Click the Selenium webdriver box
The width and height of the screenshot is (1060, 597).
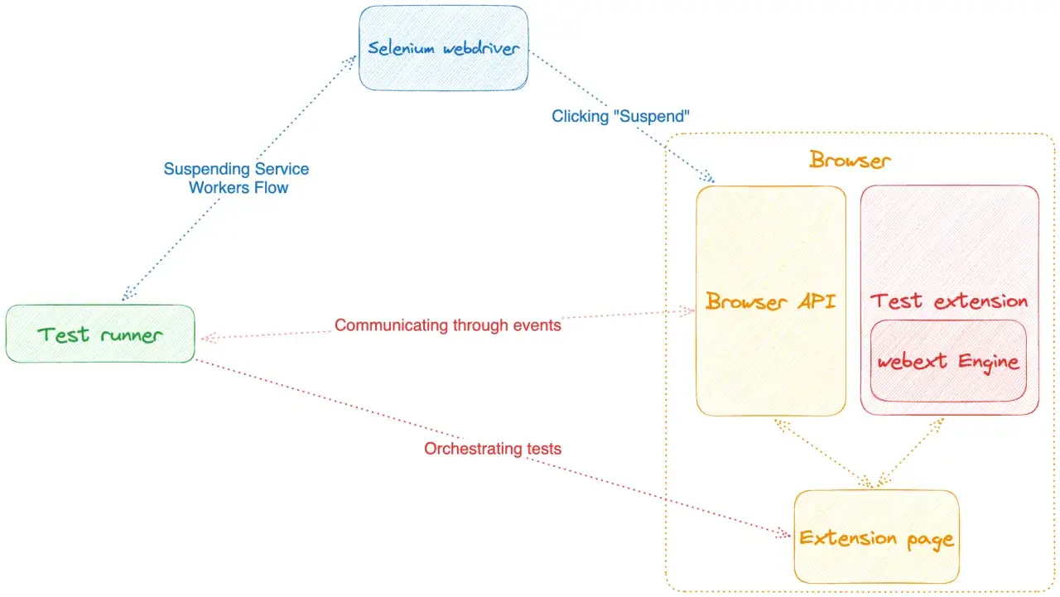click(x=443, y=48)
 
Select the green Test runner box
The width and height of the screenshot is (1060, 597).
click(x=100, y=334)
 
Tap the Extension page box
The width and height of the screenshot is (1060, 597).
click(x=876, y=537)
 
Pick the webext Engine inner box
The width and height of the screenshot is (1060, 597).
click(x=948, y=361)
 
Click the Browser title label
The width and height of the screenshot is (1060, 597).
click(x=850, y=160)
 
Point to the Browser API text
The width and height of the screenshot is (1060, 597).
click(x=770, y=301)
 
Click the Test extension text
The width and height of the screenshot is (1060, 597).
click(x=949, y=301)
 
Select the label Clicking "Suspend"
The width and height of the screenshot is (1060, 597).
click(x=620, y=116)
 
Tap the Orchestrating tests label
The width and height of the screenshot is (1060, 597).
click(x=493, y=449)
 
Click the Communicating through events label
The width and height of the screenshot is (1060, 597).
click(x=448, y=325)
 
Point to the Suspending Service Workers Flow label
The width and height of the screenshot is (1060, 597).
click(x=236, y=178)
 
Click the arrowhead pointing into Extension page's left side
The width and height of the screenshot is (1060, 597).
click(x=783, y=533)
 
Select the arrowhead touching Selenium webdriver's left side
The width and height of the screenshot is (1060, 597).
click(x=349, y=62)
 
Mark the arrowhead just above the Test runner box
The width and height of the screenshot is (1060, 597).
click(x=128, y=293)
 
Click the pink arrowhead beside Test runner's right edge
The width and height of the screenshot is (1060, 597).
click(x=209, y=338)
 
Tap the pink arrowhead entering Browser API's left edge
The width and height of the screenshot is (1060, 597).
click(x=687, y=311)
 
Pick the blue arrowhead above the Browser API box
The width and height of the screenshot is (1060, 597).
click(x=707, y=176)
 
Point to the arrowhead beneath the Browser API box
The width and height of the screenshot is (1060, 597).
click(x=782, y=426)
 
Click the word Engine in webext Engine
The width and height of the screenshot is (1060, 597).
click(x=989, y=363)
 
